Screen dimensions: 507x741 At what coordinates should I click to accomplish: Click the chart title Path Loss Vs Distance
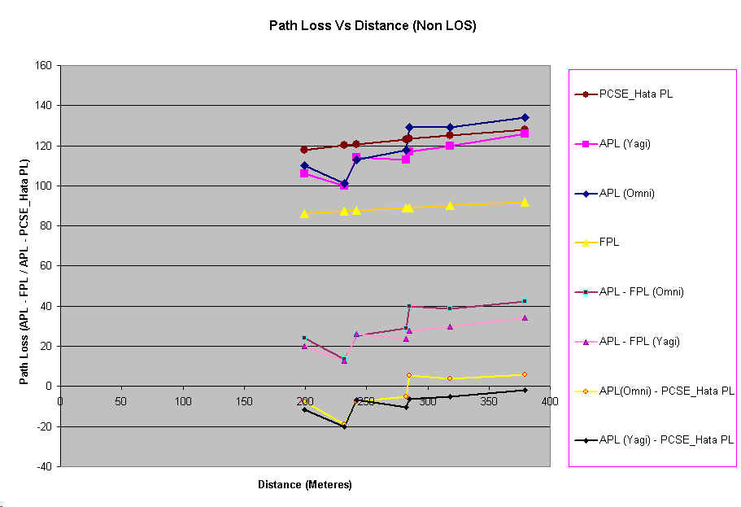[x=372, y=25]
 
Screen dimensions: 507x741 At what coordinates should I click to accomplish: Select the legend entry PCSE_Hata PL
[x=636, y=94]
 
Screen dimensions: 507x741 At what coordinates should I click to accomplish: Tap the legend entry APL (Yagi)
[x=626, y=144]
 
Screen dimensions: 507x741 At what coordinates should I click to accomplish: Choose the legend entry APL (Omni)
[x=627, y=193]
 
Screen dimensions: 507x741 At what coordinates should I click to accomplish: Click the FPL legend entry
[x=609, y=243]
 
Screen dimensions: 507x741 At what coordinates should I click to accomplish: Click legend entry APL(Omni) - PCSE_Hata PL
[x=666, y=391]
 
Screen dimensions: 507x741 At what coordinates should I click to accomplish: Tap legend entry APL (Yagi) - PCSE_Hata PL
[x=666, y=440]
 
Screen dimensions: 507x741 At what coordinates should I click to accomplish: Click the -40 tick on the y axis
[x=45, y=466]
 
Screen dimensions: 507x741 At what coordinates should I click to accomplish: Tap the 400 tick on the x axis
[x=550, y=400]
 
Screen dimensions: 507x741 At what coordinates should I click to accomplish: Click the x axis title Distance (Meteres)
[x=304, y=485]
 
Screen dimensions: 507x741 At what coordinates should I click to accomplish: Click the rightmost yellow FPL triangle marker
[x=525, y=202]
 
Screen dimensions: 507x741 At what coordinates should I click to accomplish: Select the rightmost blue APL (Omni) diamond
[x=525, y=117]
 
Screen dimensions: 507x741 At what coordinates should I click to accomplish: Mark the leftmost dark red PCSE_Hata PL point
[x=304, y=150]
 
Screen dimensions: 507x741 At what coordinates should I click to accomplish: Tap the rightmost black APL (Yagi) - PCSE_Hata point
[x=525, y=390]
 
